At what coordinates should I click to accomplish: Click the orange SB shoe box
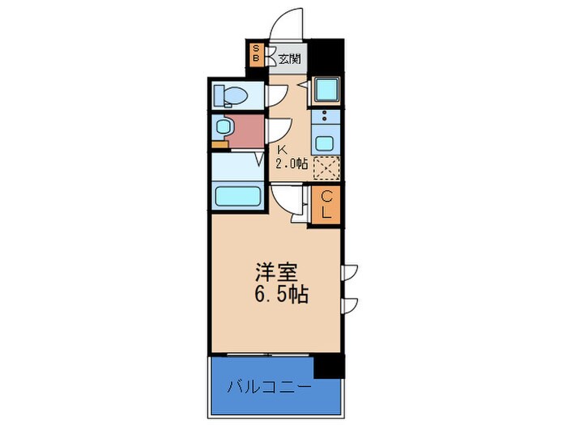257,55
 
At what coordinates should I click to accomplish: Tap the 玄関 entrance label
289,58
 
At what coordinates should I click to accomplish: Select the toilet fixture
230,96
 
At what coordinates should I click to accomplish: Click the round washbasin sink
223,127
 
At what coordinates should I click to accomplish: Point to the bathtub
237,196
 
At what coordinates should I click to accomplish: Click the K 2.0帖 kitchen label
292,158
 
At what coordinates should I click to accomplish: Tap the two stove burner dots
325,116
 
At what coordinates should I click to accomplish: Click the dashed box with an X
326,168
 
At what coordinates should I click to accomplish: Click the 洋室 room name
277,273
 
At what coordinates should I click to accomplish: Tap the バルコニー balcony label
270,388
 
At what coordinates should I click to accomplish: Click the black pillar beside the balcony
329,366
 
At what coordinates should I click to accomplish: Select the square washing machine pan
326,90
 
